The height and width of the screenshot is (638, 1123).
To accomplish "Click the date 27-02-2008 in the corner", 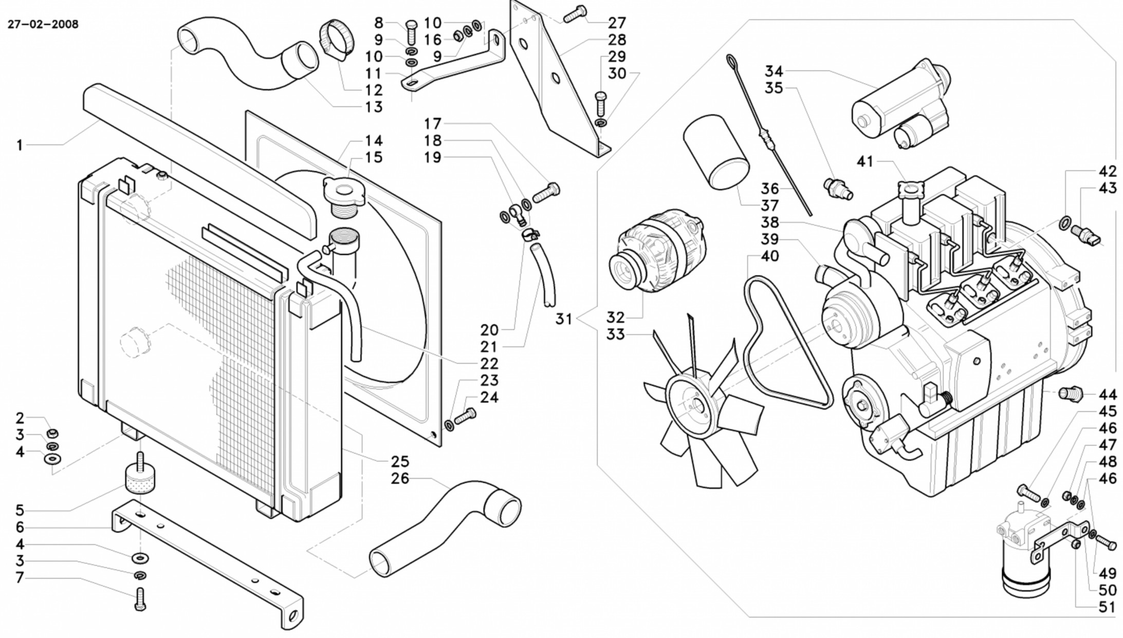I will click(x=43, y=25).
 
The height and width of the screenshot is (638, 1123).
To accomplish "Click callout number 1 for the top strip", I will click(x=20, y=145).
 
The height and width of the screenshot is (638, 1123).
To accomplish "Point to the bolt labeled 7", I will click(x=140, y=600).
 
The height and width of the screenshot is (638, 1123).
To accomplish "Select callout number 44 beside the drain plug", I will click(x=1108, y=395).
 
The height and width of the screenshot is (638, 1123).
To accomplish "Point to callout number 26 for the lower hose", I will click(x=400, y=479).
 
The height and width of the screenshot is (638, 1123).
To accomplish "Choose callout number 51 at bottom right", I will click(x=1107, y=607).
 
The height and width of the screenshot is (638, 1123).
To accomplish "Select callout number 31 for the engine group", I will click(x=563, y=319).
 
